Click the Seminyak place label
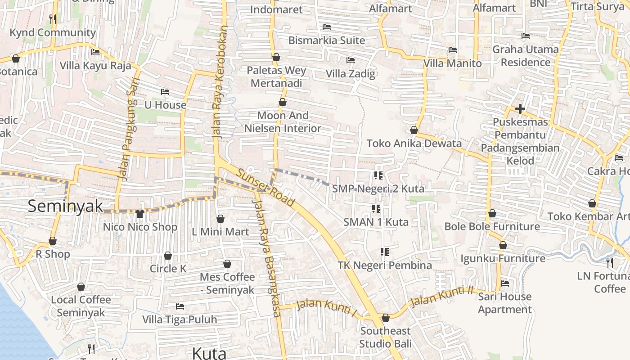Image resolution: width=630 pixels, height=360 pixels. click(x=65, y=206)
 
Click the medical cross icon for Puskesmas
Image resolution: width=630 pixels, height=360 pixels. click(x=520, y=109)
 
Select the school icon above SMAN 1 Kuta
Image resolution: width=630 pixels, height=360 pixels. click(x=376, y=208)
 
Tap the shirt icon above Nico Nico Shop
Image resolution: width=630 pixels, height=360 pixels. click(x=140, y=213)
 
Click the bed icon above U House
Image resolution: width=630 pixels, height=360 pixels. click(x=165, y=92)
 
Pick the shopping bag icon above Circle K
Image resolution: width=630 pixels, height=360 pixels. click(x=168, y=256)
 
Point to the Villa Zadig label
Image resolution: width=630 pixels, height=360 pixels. click(x=351, y=73)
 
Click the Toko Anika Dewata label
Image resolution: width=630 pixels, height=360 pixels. click(x=414, y=144)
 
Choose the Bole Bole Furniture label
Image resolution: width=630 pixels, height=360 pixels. click(x=492, y=226)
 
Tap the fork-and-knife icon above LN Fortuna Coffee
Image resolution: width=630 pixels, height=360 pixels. click(x=610, y=262)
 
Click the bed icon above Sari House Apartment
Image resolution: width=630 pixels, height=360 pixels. click(x=505, y=283)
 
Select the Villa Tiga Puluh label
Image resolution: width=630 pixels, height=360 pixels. click(x=180, y=319)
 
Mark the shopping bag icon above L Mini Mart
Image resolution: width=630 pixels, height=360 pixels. click(x=220, y=219)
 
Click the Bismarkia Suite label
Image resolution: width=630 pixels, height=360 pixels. click(x=327, y=40)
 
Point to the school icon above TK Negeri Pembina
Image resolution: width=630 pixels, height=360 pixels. click(x=384, y=252)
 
